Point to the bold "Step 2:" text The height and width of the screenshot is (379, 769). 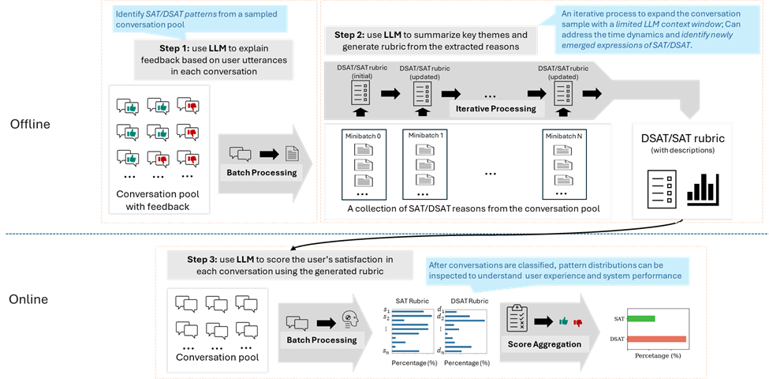pyautogui.click(x=349, y=36)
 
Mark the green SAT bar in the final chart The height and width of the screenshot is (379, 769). pyautogui.click(x=641, y=318)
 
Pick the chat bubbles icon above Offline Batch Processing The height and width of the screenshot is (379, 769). pyautogui.click(x=240, y=155)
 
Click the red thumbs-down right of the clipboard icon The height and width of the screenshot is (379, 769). pyautogui.click(x=577, y=322)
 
